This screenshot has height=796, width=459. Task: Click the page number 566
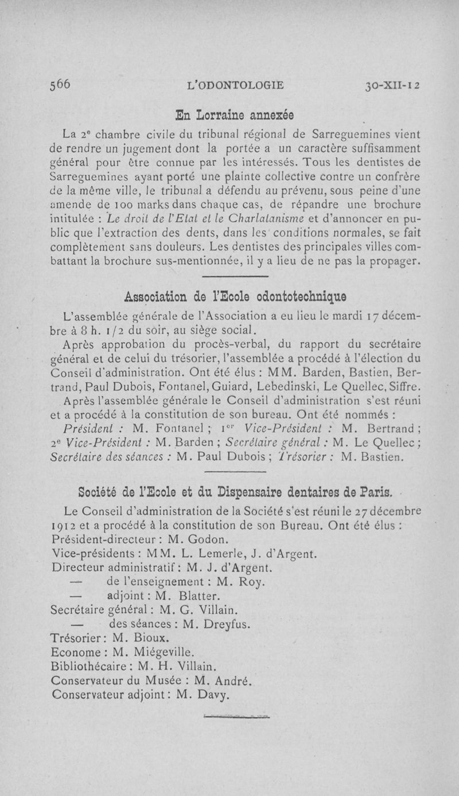(x=60, y=84)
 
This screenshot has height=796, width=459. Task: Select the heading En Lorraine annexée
(x=235, y=115)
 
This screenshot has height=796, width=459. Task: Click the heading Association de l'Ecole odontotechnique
(x=235, y=297)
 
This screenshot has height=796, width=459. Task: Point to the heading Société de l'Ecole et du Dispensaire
(x=235, y=492)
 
